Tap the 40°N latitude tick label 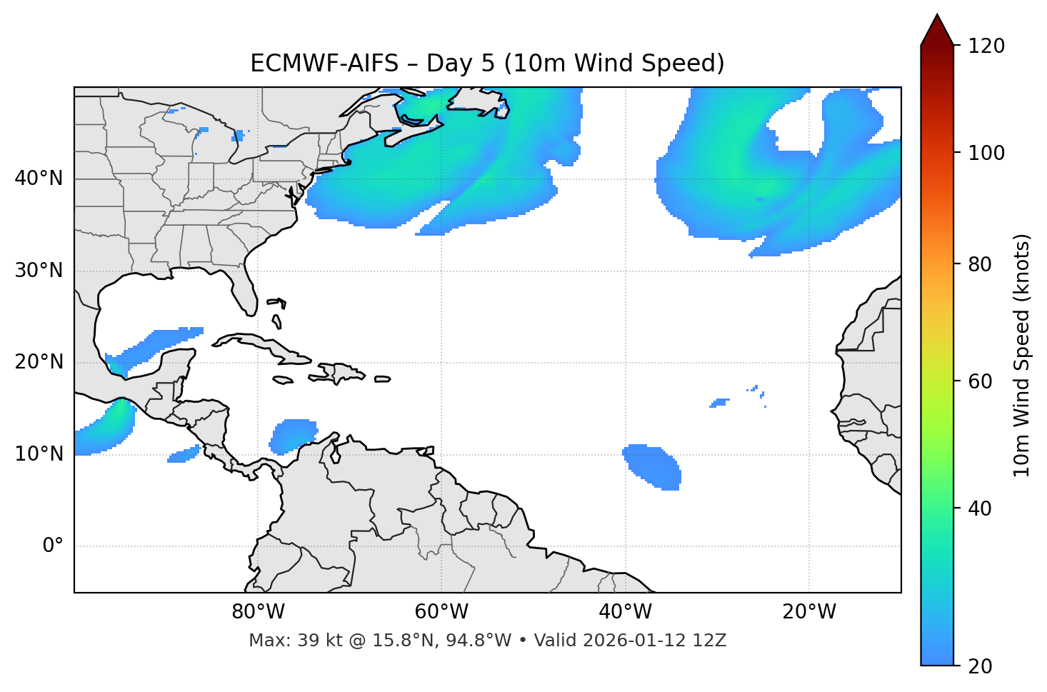(39, 179)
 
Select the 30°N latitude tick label (39, 271)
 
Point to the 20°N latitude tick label (39, 362)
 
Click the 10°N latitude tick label (39, 454)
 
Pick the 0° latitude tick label (53, 546)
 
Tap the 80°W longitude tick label (258, 612)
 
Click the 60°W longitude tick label (441, 612)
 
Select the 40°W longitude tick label (625, 612)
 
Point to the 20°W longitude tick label (808, 612)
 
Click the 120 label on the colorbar (986, 46)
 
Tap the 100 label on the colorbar (986, 153)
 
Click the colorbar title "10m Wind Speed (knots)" (1022, 355)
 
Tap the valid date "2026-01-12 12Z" (654, 641)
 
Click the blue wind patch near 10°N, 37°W (652, 466)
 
